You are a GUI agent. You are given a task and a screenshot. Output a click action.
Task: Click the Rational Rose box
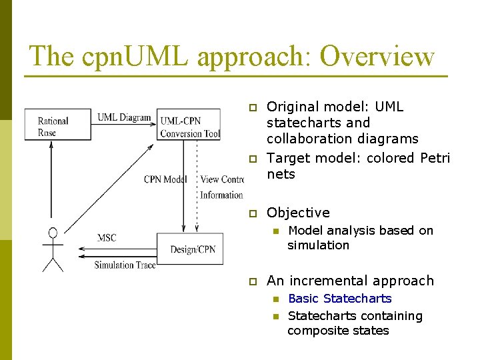click(x=57, y=125)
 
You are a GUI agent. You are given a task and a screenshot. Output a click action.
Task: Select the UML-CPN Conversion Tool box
click(x=189, y=125)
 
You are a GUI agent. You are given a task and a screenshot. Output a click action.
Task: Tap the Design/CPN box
click(x=189, y=249)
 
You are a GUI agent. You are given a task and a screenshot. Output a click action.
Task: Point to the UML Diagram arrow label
click(x=124, y=118)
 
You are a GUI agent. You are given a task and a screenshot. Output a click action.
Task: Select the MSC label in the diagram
click(x=107, y=237)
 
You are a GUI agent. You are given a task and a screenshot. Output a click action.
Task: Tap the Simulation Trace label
click(x=125, y=265)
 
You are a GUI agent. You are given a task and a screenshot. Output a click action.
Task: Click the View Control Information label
click(x=221, y=187)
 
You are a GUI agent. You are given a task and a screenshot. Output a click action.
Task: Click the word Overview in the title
click(x=377, y=56)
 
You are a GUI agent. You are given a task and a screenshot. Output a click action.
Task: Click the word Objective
click(x=298, y=213)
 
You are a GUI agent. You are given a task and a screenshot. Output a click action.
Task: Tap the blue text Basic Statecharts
click(x=339, y=299)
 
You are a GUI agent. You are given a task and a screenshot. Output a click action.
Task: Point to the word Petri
click(x=435, y=158)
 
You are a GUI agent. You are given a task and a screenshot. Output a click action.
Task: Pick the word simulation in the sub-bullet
click(x=318, y=245)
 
